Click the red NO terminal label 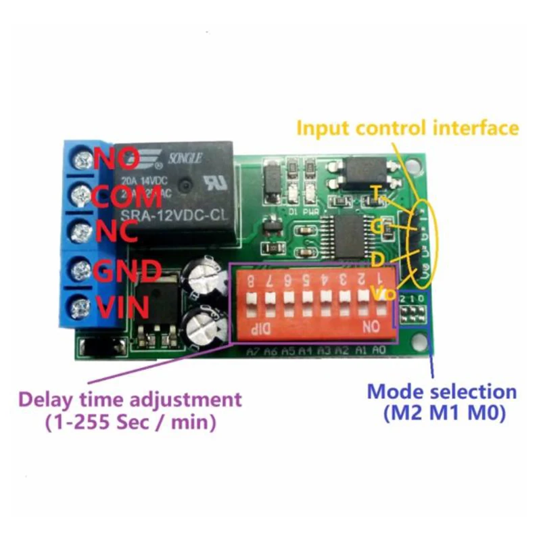(x=117, y=159)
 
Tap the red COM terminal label (x=126, y=197)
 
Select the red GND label (x=126, y=271)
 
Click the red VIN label (x=122, y=308)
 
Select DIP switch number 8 (x=252, y=298)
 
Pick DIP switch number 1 (x=380, y=298)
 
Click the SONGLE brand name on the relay (x=190, y=156)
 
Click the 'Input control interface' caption (x=408, y=127)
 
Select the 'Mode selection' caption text (x=442, y=392)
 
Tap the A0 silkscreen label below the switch (x=379, y=350)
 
